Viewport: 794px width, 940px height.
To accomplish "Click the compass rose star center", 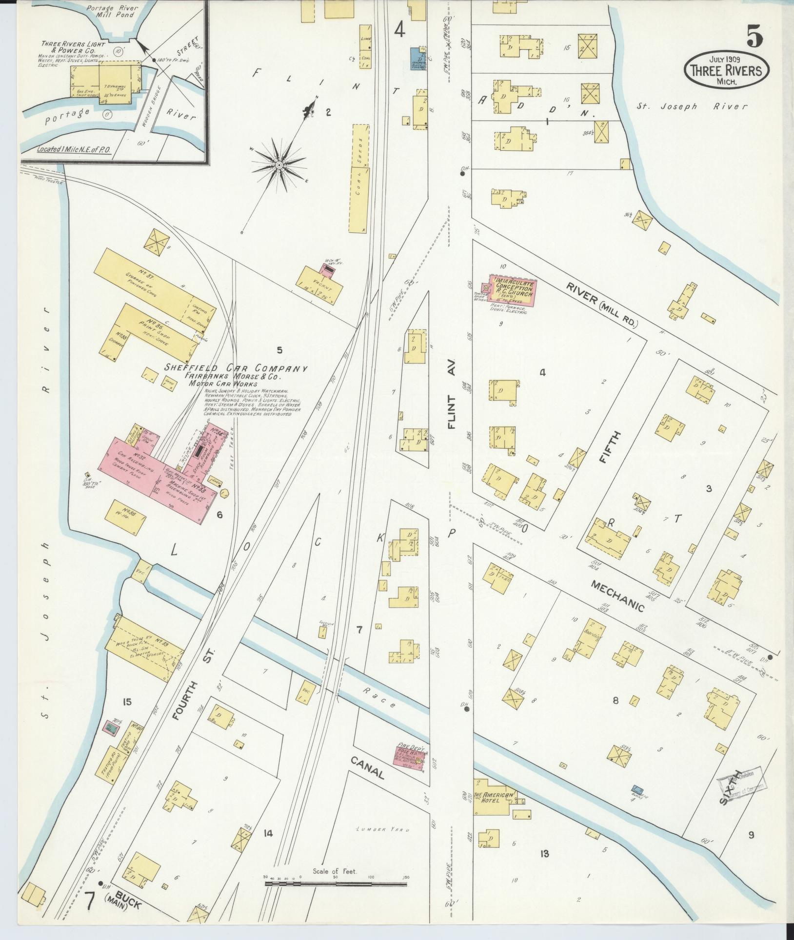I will (279, 165).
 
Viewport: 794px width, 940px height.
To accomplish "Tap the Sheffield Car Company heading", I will (236, 369).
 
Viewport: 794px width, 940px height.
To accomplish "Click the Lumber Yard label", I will (382, 829).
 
